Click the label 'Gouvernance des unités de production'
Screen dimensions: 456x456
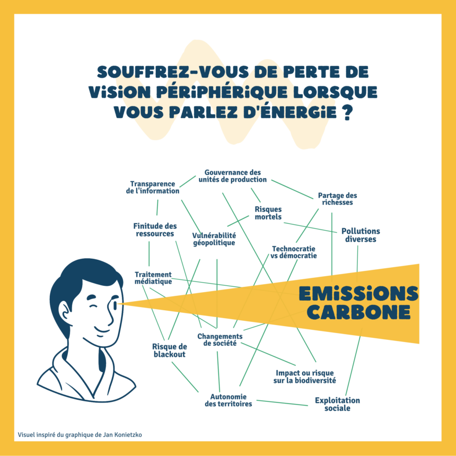pos(232,176)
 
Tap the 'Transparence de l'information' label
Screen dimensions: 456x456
pos(153,187)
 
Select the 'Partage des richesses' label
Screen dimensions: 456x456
pos(337,198)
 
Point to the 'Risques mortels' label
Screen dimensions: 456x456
pos(268,213)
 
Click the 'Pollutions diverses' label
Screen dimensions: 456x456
pos(361,235)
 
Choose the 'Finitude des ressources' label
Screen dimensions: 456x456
pos(155,230)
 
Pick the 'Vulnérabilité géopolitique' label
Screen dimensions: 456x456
pos(214,239)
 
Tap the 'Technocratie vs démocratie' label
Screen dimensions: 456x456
pos(294,252)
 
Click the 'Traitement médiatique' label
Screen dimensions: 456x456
pos(153,278)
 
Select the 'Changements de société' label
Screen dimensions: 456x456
pos(220,339)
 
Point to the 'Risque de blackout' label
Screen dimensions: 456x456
pos(170,350)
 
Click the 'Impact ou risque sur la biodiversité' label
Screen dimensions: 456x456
pos(304,376)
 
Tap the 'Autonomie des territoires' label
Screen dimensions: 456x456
pos(228,400)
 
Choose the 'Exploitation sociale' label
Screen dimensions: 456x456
pos(337,404)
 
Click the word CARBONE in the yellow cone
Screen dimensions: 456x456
pos(358,312)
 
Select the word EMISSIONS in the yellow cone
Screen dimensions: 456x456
pos(358,293)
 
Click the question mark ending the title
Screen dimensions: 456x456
pos(347,113)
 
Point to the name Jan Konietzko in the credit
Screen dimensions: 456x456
pos(122,435)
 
